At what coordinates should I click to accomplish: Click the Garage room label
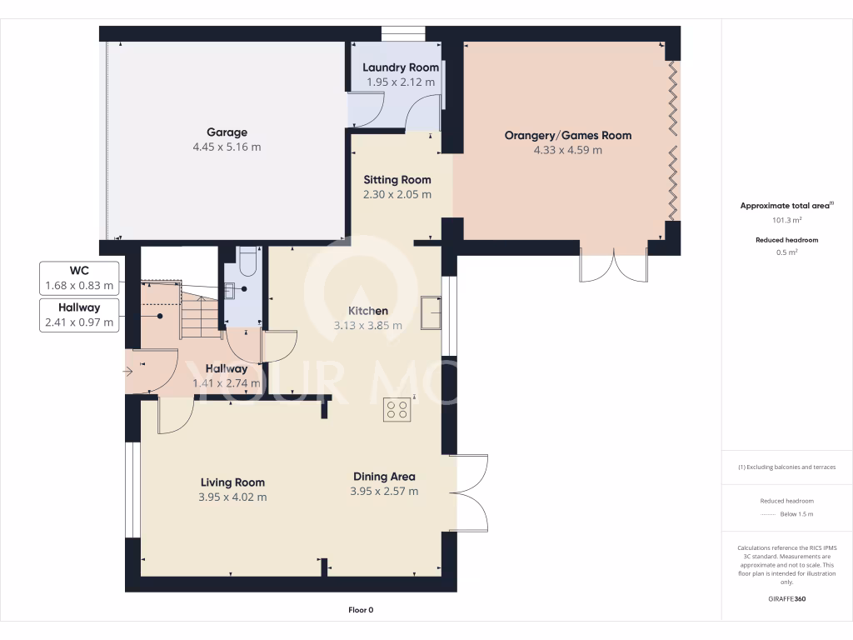[x=227, y=132]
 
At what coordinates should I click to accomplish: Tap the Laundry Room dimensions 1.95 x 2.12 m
[x=401, y=82]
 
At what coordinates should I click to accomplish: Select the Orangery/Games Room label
[x=568, y=135]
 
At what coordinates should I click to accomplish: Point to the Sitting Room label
[x=397, y=179]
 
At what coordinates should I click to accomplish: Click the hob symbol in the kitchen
[x=397, y=409]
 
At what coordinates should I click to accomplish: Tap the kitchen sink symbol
[x=431, y=312]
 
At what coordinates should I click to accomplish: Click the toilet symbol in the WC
[x=247, y=264]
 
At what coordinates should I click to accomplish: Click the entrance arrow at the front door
[x=129, y=371]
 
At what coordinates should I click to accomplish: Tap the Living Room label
[x=232, y=482]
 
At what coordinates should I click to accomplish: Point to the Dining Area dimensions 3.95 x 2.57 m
[x=384, y=492]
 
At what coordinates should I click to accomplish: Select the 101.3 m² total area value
[x=787, y=221]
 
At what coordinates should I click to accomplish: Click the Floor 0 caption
[x=361, y=610]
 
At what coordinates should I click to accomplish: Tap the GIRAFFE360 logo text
[x=787, y=598]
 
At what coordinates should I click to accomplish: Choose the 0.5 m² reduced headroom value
[x=787, y=252]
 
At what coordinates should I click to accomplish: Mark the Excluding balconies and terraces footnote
[x=787, y=467]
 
